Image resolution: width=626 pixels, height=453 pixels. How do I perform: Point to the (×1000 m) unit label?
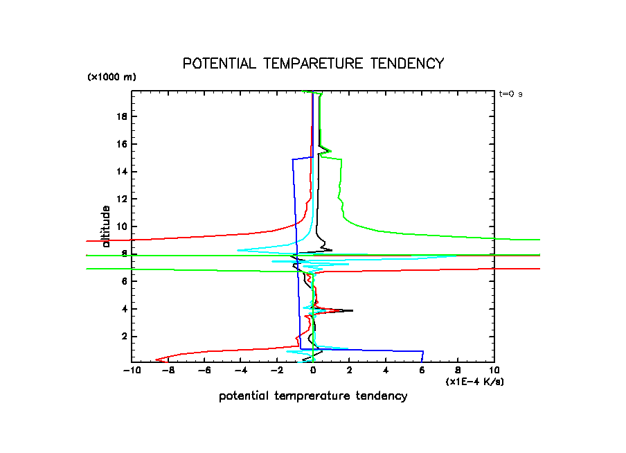(x=111, y=77)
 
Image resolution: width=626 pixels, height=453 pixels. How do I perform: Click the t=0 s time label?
(x=510, y=94)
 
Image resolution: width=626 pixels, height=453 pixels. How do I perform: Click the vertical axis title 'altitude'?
(x=106, y=226)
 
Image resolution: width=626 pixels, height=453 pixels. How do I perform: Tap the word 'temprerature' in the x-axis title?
(x=314, y=396)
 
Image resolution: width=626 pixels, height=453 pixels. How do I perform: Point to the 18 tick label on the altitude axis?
(x=123, y=116)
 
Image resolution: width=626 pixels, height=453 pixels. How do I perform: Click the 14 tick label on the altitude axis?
(x=123, y=171)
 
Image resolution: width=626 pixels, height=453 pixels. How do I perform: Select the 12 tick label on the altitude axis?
(x=123, y=199)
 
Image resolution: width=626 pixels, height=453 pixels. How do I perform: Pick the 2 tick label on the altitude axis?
(x=125, y=336)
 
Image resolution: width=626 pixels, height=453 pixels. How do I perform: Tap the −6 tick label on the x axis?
(x=204, y=371)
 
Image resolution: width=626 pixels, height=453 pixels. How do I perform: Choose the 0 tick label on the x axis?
(x=313, y=371)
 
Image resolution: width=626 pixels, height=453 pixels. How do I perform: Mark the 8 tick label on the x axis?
(x=458, y=371)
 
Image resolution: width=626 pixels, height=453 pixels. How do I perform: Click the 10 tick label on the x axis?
(x=494, y=371)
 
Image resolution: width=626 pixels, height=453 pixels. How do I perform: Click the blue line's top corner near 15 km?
(x=293, y=159)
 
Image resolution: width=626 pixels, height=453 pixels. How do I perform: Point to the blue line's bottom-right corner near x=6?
(x=422, y=351)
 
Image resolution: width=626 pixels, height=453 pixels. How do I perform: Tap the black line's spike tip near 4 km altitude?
(x=352, y=310)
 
